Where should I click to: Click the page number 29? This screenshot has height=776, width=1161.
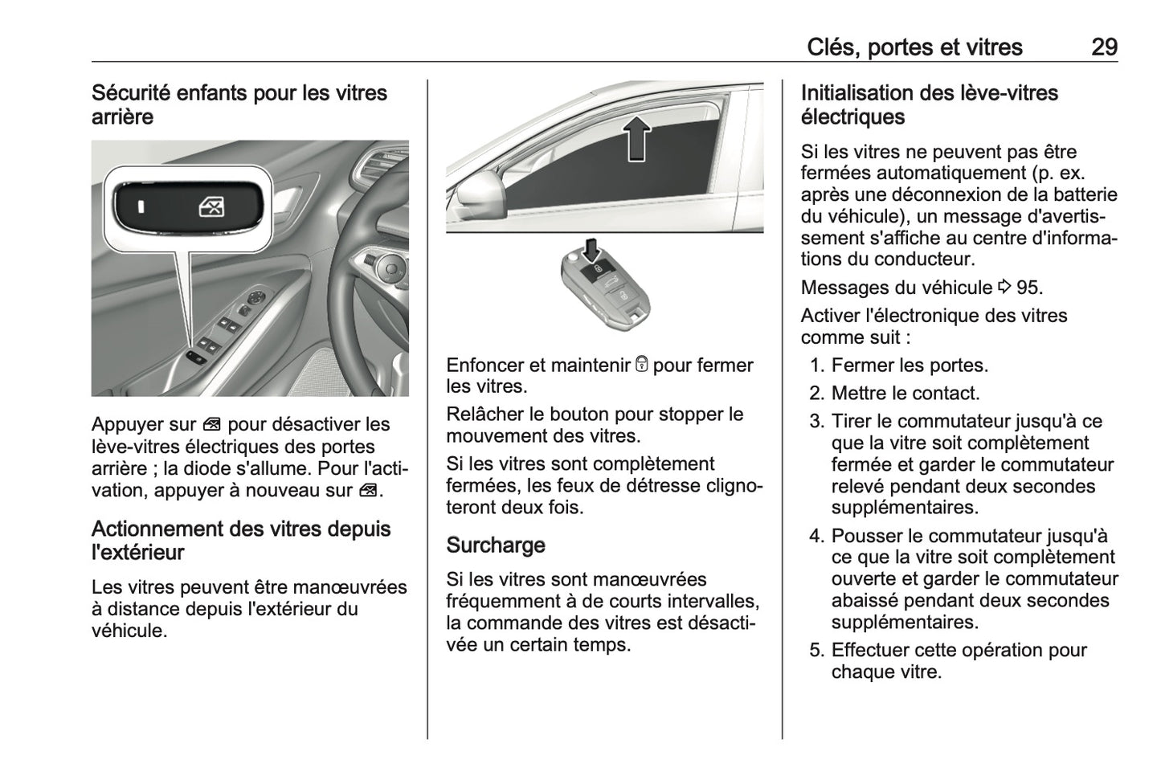click(1103, 47)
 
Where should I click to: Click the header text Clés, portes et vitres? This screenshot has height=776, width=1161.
click(914, 47)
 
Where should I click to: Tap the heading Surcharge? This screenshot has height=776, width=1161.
click(495, 545)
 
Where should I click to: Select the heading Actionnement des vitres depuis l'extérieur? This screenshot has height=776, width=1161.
click(241, 540)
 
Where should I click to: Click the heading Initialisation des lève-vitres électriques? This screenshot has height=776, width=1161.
click(929, 104)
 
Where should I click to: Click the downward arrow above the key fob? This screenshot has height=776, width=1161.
click(592, 250)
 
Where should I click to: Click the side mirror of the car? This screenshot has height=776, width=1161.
click(479, 190)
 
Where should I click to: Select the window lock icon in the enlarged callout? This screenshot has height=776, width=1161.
click(211, 207)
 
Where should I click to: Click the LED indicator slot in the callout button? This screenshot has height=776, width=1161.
click(141, 207)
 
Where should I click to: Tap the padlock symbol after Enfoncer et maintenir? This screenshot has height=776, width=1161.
click(641, 365)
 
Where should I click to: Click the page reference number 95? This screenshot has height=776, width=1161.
click(1028, 287)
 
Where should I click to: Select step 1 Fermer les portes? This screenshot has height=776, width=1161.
click(910, 365)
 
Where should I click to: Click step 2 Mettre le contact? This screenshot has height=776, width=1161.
click(905, 393)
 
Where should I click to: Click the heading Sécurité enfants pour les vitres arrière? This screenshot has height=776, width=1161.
click(239, 104)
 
